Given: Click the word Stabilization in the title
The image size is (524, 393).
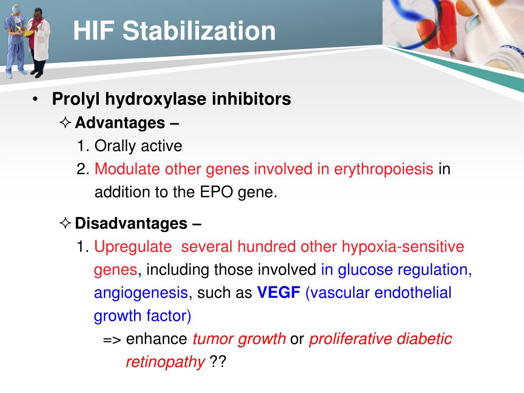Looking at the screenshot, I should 200,31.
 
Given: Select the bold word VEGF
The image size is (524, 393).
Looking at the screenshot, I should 278,293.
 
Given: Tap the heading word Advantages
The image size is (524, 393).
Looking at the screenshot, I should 119,123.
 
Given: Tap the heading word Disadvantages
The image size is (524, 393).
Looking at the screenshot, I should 130,224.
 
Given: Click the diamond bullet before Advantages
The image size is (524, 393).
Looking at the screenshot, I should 65,123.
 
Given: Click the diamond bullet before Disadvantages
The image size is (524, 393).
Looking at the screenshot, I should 65,224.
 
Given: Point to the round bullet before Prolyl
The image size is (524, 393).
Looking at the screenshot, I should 35,99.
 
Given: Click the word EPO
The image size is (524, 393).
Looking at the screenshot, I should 223,193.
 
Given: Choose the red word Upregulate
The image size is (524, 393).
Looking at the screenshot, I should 133,247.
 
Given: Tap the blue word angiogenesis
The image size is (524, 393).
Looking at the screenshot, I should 141,293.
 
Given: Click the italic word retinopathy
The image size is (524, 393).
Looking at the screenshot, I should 165,362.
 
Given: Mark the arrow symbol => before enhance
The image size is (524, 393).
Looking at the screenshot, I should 112,339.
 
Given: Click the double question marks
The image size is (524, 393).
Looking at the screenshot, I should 217,362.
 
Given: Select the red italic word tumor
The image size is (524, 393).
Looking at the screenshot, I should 211,339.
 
